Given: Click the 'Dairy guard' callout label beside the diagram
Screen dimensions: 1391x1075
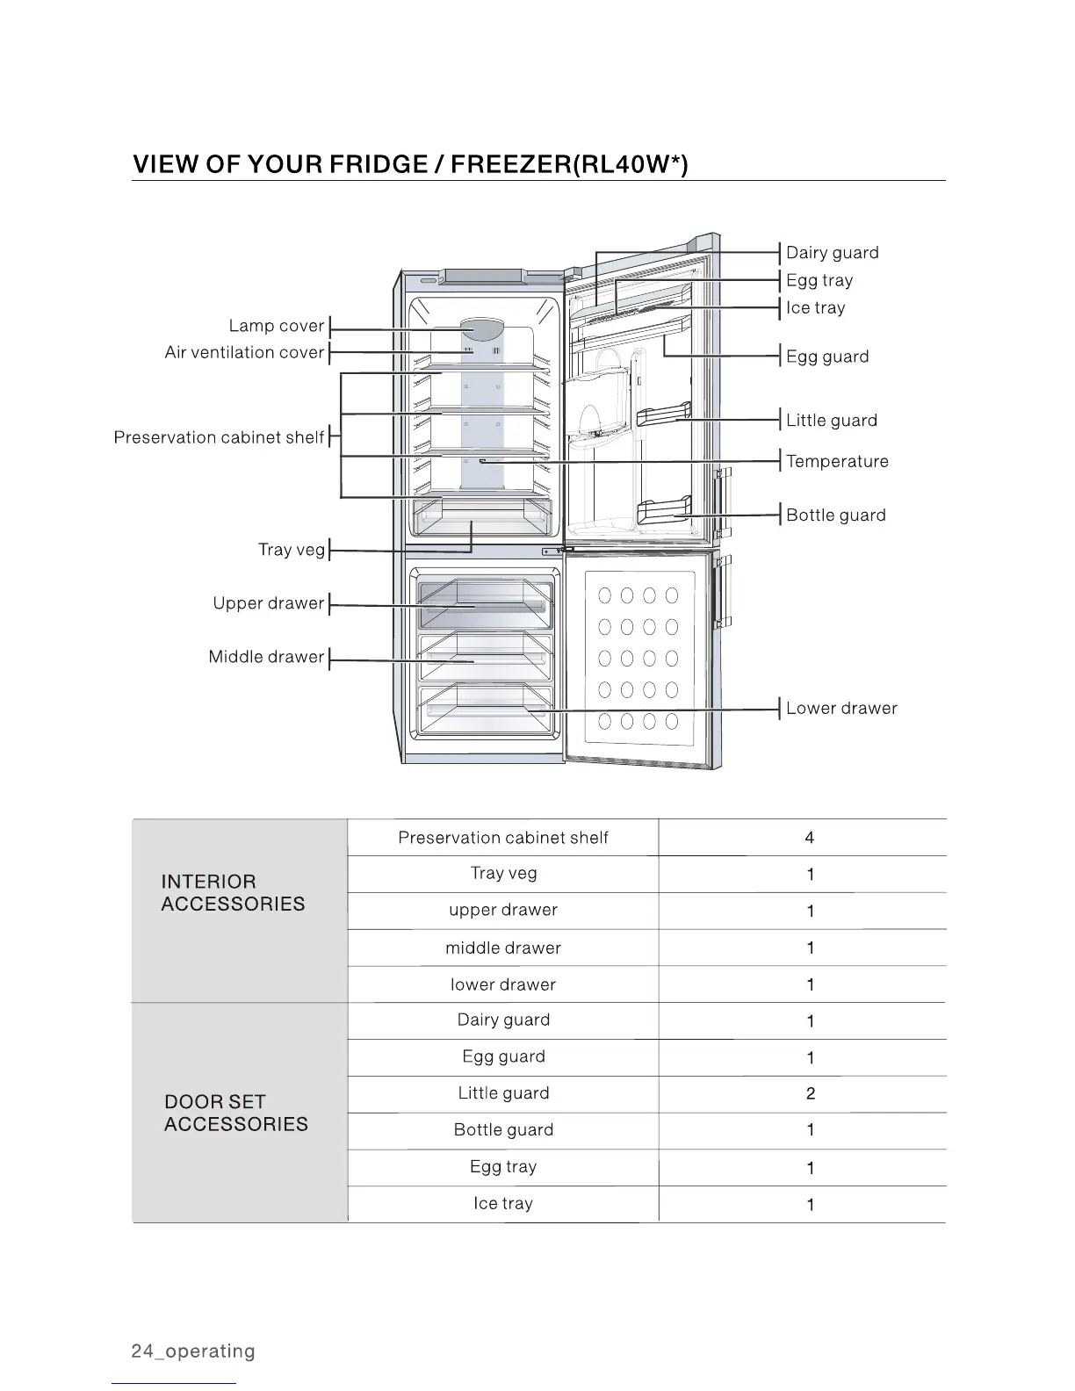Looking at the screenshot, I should click(x=832, y=253).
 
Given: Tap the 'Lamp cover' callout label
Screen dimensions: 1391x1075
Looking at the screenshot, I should click(x=277, y=326).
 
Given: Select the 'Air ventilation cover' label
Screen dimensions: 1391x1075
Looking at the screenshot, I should click(x=244, y=353).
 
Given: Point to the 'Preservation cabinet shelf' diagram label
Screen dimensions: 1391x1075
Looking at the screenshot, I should click(x=219, y=437).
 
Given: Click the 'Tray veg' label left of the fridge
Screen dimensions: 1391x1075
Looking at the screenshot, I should click(x=291, y=550).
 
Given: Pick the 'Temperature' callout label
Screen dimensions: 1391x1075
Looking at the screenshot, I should click(x=837, y=462).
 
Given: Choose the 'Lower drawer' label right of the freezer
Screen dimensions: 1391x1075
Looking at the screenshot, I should click(x=841, y=709).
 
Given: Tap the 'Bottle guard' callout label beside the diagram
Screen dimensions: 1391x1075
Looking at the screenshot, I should click(x=835, y=515).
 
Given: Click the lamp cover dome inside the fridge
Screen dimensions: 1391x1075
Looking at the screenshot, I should click(x=482, y=328).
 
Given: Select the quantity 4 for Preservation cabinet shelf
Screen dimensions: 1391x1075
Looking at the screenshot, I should click(x=809, y=838).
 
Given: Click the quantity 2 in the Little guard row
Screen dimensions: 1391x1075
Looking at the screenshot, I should click(x=810, y=1094).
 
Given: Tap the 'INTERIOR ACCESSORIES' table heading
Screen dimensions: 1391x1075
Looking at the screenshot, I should click(x=233, y=893).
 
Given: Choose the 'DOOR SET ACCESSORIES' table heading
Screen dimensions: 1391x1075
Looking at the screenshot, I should click(x=235, y=1114).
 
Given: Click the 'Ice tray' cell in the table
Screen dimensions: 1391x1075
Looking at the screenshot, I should click(x=502, y=1204).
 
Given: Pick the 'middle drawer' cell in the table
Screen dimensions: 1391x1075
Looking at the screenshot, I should click(x=502, y=948).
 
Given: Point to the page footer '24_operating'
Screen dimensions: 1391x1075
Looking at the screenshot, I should click(x=193, y=1351).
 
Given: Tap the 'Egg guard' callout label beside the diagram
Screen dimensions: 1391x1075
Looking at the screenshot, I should click(x=826, y=357).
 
